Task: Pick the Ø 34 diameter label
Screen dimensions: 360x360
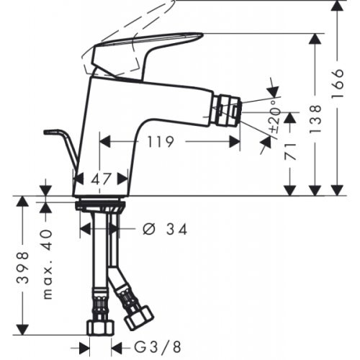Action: [165, 229]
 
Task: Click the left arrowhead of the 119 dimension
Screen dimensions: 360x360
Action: [102, 142]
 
